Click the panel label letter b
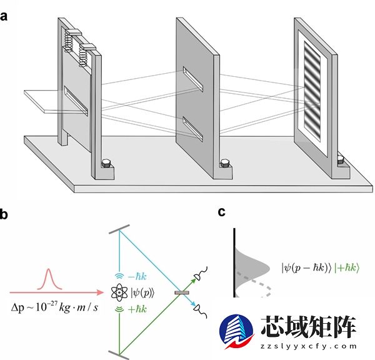pos(4,215)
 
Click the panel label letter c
pos(222,212)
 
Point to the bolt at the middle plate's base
pos(224,165)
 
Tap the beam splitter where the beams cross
pos(182,292)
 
